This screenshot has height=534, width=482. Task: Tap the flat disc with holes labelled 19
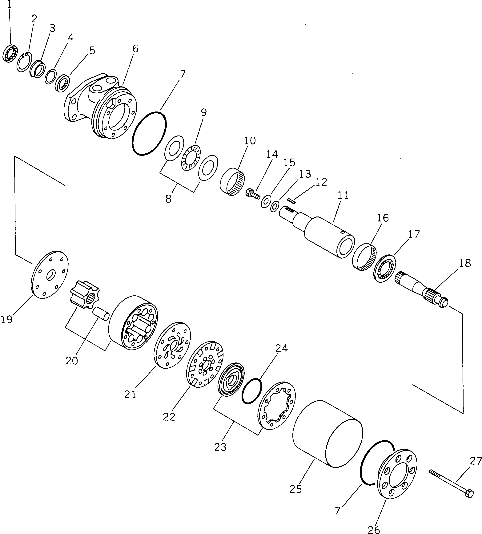(x=50, y=275)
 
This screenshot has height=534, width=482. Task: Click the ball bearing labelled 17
(x=385, y=268)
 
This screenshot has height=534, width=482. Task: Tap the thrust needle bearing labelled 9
(x=191, y=158)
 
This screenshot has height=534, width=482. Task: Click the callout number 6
(x=135, y=49)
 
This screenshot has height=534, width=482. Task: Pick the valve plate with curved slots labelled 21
(x=172, y=345)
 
